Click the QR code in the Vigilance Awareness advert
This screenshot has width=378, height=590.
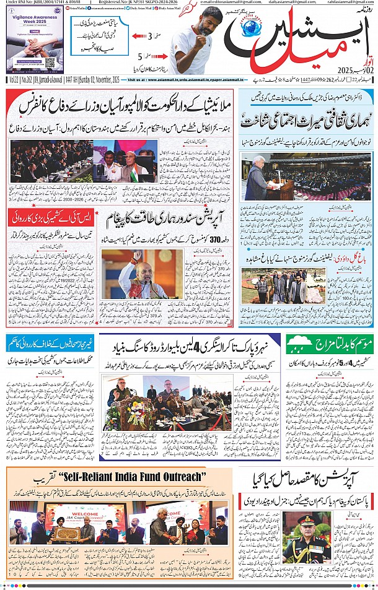pyautogui.click(x=50, y=63)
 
